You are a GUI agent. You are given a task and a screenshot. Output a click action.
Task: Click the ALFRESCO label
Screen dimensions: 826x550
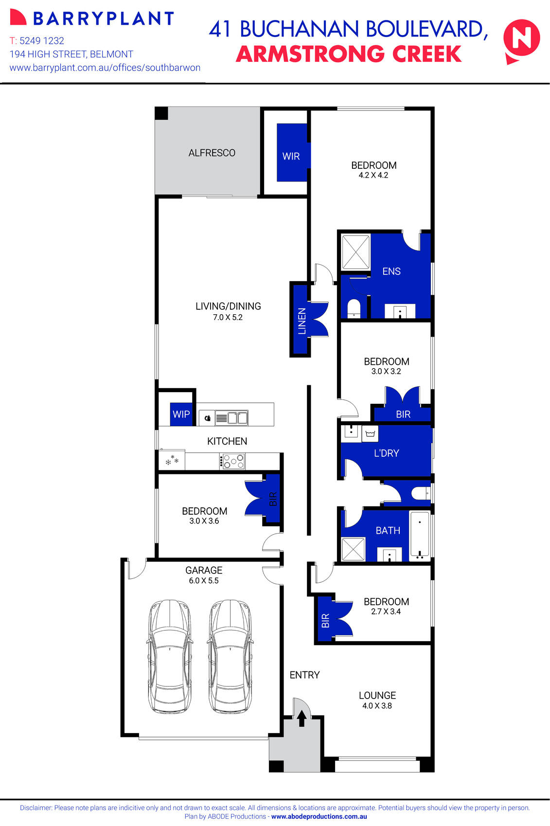click(x=212, y=153)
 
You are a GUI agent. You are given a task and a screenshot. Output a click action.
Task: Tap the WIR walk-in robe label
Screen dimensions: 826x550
click(x=291, y=156)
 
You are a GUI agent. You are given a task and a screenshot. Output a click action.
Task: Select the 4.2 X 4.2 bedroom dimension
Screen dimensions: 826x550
click(x=373, y=176)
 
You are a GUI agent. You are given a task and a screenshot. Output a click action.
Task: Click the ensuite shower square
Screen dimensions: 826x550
click(x=355, y=251)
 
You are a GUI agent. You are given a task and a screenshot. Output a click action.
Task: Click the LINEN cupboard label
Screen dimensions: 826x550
click(x=302, y=321)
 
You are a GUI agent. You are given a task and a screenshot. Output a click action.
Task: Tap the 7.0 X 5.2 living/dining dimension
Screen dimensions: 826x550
click(x=228, y=317)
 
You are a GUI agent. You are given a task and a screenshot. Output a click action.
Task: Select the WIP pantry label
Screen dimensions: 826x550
click(x=181, y=414)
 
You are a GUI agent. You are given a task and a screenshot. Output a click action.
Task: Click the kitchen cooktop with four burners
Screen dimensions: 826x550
click(x=233, y=461)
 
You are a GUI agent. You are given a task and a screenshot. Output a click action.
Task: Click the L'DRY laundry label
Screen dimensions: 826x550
click(x=386, y=453)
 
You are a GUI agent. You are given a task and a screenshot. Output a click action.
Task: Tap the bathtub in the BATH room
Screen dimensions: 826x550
click(x=420, y=534)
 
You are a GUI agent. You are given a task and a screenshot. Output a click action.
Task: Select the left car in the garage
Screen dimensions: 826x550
click(x=169, y=657)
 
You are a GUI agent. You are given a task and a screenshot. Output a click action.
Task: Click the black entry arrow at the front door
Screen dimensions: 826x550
click(x=302, y=718)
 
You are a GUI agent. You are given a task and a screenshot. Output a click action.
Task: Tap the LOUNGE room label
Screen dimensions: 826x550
click(x=377, y=696)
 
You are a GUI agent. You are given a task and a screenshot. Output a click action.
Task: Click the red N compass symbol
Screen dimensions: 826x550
click(x=521, y=39)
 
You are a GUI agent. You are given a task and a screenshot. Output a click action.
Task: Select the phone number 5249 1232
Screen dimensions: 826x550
click(x=42, y=41)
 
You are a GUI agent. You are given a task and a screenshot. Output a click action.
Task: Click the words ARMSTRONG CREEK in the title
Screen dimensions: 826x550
click(x=348, y=54)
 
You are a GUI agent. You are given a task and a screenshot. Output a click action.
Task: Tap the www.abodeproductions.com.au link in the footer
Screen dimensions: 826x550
click(x=319, y=817)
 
